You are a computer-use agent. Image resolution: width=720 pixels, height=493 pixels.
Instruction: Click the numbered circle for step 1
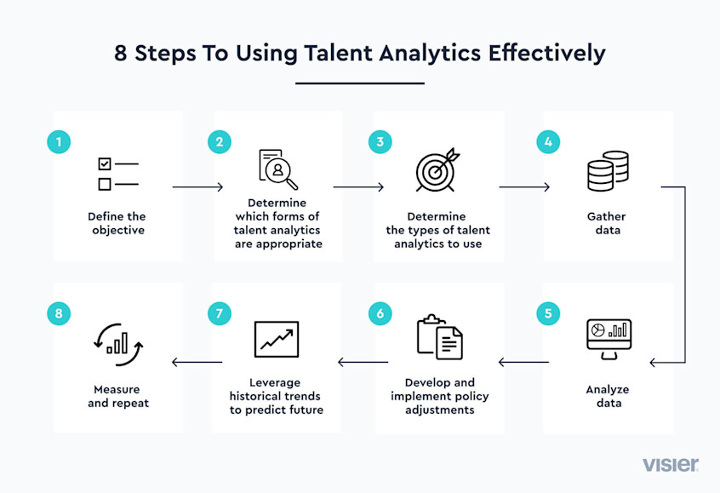coord(58,141)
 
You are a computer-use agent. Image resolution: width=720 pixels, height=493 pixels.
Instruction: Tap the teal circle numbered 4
coord(548,141)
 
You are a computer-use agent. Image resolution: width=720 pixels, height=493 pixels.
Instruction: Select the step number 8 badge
coord(58,313)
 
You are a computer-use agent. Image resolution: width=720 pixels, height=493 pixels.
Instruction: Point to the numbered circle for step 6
coord(380,313)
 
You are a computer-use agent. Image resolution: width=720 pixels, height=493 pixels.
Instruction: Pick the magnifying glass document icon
coord(277,169)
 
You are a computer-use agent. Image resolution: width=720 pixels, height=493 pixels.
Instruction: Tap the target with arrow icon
coord(437,170)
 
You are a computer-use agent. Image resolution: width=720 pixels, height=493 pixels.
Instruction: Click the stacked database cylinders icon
coord(608,171)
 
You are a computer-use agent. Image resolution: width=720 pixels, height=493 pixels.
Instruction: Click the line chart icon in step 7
coord(277,339)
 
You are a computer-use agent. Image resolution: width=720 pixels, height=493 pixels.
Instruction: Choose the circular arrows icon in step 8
coord(117,341)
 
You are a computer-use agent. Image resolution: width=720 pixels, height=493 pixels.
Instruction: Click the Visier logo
coord(671,464)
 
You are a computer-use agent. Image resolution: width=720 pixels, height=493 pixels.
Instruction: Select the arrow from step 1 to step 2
coord(197,186)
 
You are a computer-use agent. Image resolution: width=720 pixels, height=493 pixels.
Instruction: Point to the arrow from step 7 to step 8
coord(197,363)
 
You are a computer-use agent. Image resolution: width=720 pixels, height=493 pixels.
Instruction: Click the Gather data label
coord(608,223)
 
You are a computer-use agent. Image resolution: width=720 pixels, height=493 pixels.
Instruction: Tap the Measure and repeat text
coord(118,396)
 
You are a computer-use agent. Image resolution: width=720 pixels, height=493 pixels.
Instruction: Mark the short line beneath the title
coord(360,83)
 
